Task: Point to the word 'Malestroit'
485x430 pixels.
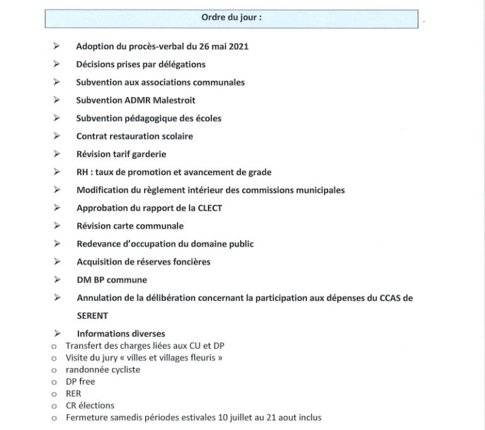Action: coord(174,100)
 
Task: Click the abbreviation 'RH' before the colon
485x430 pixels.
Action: coord(82,172)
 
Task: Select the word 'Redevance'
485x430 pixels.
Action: coord(98,244)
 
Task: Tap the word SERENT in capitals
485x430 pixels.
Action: coord(93,315)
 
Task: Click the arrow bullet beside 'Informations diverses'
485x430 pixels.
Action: coord(57,334)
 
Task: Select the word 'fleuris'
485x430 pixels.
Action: coord(195,357)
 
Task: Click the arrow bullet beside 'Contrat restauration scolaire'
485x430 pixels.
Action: coord(57,136)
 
